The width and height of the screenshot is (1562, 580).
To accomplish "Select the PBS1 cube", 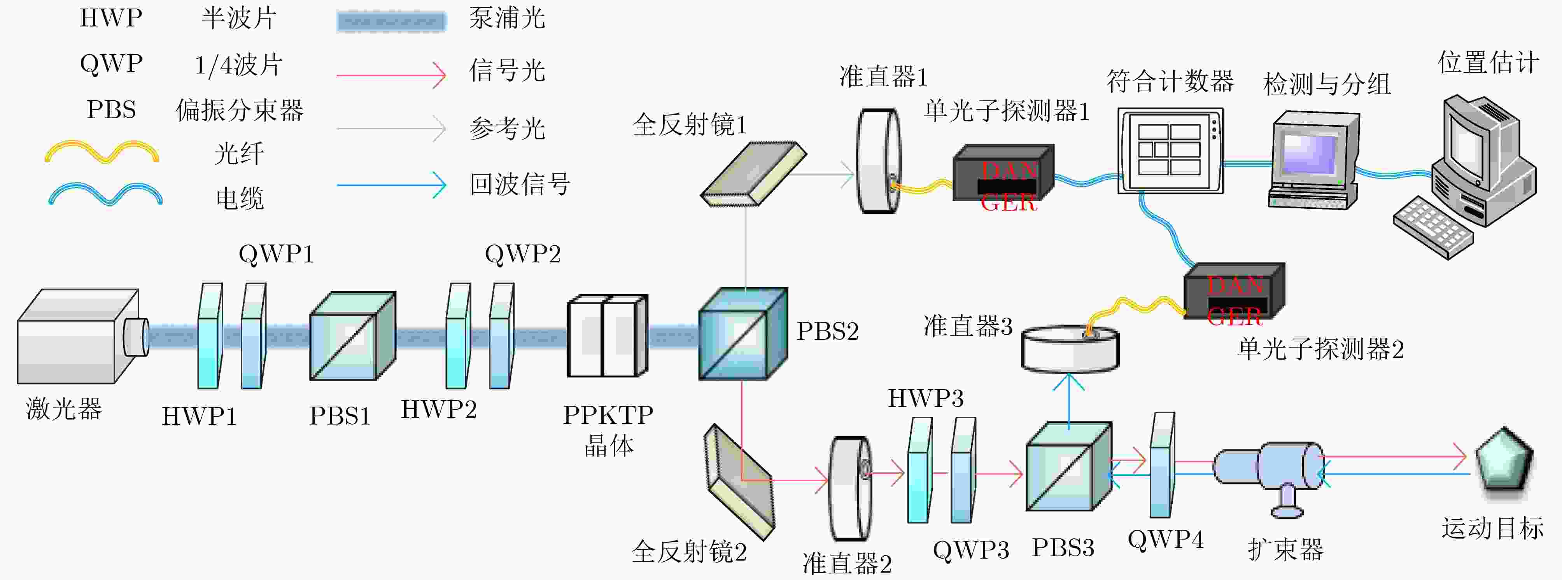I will click(352, 336).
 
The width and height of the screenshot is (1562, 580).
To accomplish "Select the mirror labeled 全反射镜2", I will click(739, 481).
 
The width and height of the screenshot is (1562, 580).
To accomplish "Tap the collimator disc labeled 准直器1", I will click(877, 161).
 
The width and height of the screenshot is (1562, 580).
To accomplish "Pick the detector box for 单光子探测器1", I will click(1003, 173).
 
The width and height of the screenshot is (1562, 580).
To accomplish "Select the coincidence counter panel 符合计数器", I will click(1170, 151).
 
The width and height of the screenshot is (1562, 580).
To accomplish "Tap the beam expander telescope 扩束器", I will click(1270, 470).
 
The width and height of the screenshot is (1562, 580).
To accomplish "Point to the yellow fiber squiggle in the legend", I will click(102, 152).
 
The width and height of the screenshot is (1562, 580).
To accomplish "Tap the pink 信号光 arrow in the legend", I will click(391, 75).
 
